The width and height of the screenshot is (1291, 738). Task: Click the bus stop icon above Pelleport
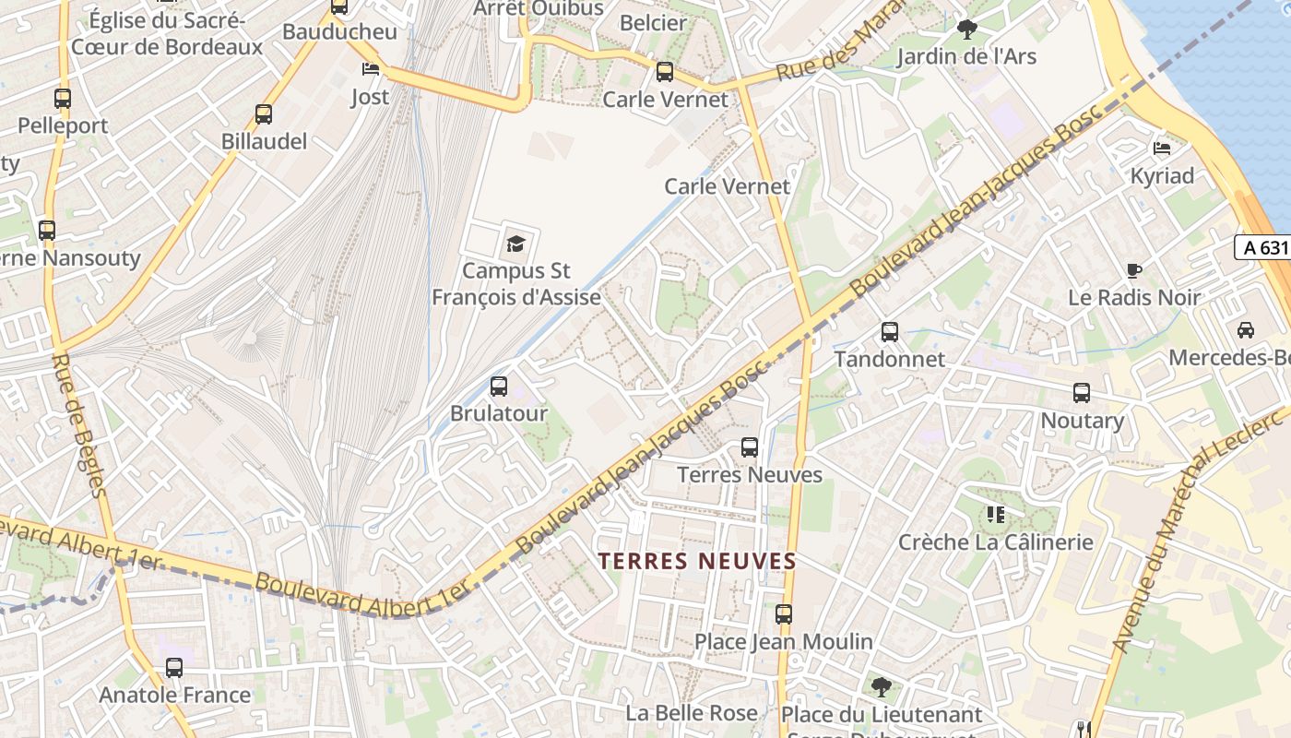pos(63,98)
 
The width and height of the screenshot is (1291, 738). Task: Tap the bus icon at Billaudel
pos(264,114)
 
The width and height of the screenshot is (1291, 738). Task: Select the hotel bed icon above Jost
pos(370,70)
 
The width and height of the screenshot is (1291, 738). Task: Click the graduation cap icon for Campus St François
pos(515,244)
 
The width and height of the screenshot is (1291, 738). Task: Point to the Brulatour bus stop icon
pos(499,387)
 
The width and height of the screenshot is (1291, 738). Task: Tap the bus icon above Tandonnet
pos(890,332)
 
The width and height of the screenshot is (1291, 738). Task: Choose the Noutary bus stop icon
pos(1082,394)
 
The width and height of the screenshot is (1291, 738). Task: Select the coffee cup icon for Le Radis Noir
pos(1134,271)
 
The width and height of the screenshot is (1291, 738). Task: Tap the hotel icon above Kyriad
pos(1162,149)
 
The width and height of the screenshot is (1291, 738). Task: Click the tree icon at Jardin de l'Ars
pos(966,30)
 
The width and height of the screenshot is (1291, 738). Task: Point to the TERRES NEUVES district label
pos(696,561)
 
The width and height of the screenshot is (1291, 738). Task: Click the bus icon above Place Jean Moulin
pos(784,614)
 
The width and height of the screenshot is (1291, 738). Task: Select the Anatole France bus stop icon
pos(174,668)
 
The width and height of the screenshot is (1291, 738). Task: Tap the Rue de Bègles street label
pos(80,424)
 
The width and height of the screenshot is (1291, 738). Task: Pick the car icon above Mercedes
pos(1246,330)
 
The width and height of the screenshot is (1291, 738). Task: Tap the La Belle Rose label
pos(692,713)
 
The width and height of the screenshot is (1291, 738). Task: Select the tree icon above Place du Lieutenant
pos(882,687)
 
